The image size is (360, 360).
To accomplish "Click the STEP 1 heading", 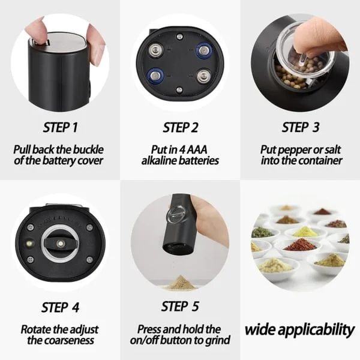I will [x=60, y=127].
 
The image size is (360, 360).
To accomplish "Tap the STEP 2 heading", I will [x=180, y=127].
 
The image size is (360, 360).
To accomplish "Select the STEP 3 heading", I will [x=300, y=127].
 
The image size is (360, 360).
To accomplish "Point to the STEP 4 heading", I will [x=60, y=307].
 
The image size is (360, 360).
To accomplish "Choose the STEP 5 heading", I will [x=180, y=307].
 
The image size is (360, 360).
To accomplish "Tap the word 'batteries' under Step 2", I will [x=198, y=161].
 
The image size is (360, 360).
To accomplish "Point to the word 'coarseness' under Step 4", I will [x=70, y=341].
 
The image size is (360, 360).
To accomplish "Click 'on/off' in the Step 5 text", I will [x=157, y=341].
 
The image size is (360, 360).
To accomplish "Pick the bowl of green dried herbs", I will [x=262, y=232].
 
